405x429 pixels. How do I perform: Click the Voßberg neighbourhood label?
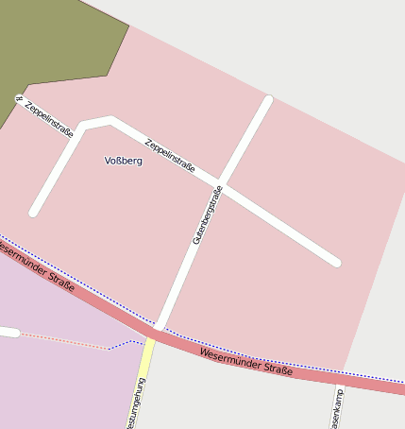pos(124,161)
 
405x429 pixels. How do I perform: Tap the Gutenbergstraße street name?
pos(207,215)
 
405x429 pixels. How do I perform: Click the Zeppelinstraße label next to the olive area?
pos(48,119)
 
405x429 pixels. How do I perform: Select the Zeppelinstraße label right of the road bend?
pos(170,155)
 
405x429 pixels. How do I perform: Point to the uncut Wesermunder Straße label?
pos(246,362)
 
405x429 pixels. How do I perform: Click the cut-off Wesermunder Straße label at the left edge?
pos(36,266)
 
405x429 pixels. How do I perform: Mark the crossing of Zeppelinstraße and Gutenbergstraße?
pos(220,182)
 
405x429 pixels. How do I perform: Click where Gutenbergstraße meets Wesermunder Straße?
pos(160,327)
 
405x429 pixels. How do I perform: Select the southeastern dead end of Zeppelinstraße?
pos(336,262)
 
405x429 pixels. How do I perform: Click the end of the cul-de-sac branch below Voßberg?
pos(34,213)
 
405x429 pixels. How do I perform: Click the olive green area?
pos(57,47)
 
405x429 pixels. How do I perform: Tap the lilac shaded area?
pos(57,378)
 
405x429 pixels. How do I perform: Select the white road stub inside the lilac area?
pos(8,332)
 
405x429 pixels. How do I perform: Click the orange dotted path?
pos(66,341)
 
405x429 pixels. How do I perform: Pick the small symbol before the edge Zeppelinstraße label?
pos(18,98)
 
